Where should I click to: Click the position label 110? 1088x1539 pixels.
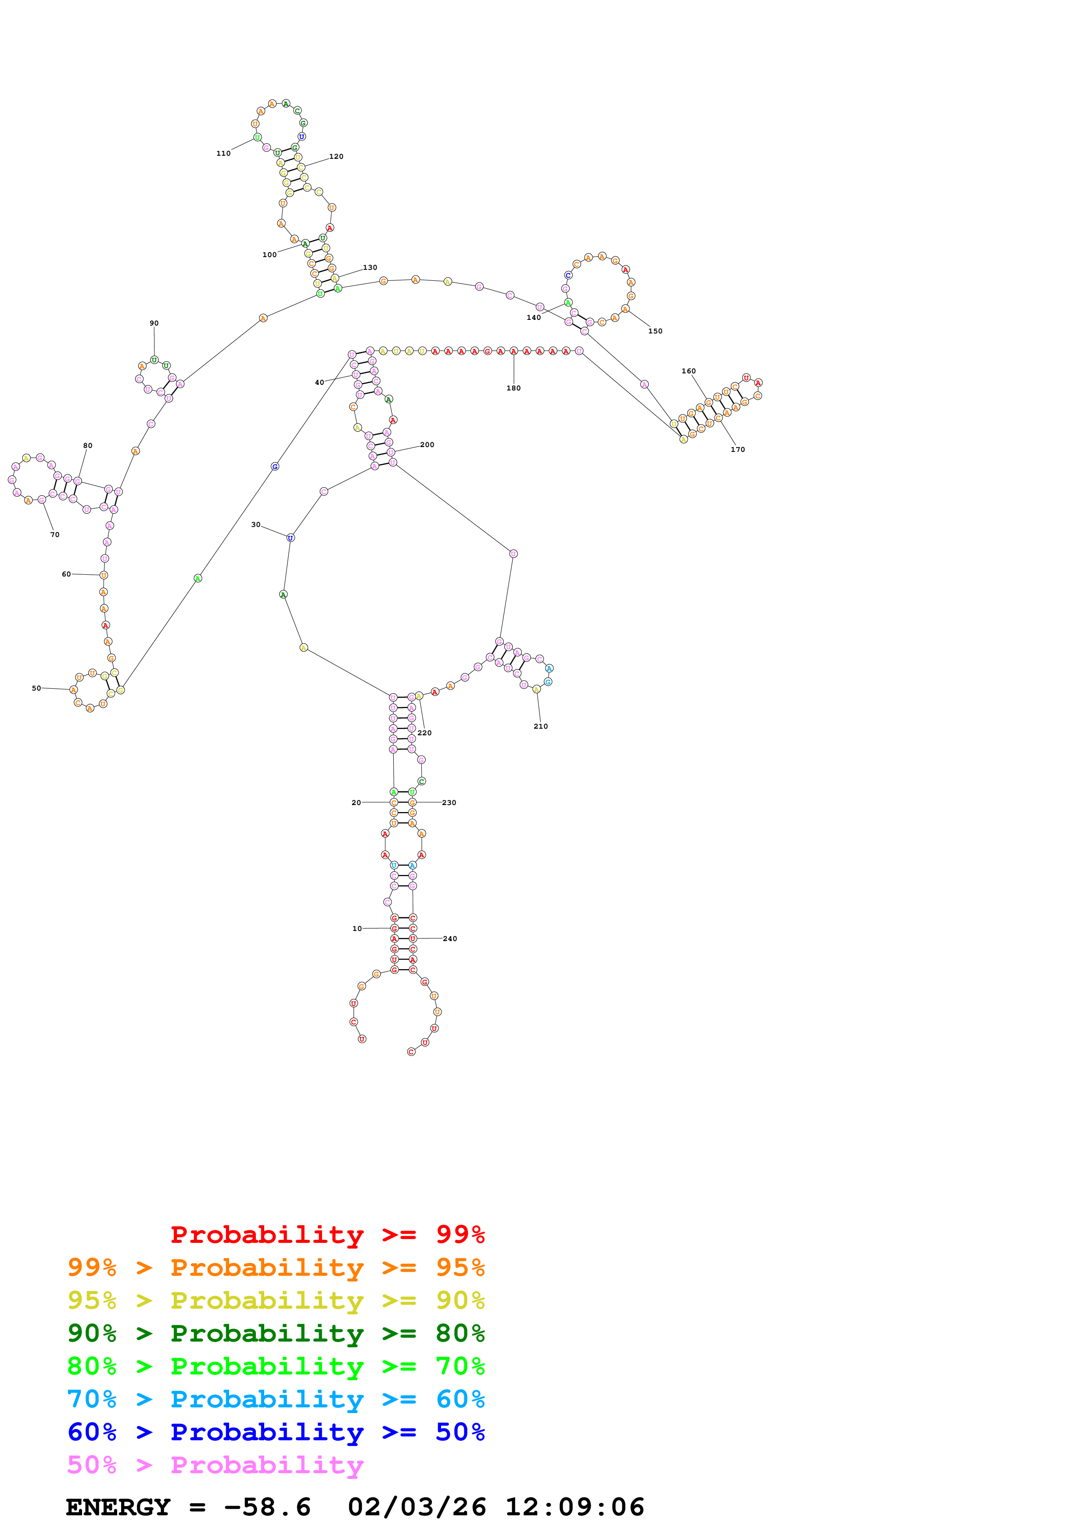[x=223, y=154]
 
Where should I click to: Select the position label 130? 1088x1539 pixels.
[x=370, y=268]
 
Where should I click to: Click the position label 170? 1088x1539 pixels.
[x=737, y=450]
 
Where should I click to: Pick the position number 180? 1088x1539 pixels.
[x=513, y=388]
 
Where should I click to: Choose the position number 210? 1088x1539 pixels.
[x=540, y=727]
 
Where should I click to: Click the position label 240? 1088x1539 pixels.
[x=450, y=939]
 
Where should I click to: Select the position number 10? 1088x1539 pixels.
[x=357, y=929]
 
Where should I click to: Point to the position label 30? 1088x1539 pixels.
[x=255, y=525]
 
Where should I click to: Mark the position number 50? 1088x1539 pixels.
[x=36, y=688]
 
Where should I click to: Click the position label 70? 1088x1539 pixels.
[x=55, y=535]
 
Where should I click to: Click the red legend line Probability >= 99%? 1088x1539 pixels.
[x=327, y=1235]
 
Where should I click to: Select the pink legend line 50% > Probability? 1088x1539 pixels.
[x=215, y=1465]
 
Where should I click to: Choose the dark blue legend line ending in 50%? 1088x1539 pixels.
[x=276, y=1432]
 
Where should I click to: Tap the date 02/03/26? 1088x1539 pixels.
[x=417, y=1507]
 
